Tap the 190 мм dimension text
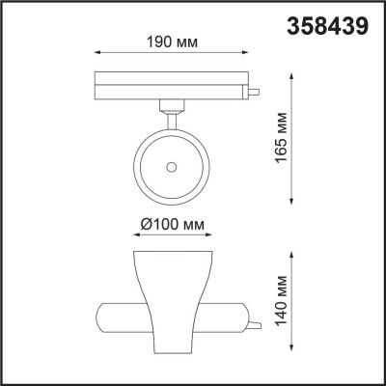click(172, 42)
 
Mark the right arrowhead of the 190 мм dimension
click(248, 55)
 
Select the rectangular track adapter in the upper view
click(172, 84)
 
